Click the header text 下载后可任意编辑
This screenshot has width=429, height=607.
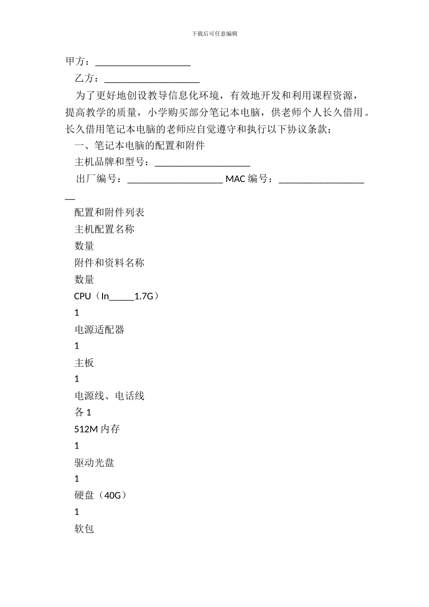click(x=214, y=33)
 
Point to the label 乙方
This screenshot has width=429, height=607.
click(x=84, y=79)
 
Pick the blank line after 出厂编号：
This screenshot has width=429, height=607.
click(x=175, y=180)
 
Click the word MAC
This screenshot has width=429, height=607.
click(x=235, y=179)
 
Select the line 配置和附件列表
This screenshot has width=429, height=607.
click(x=109, y=212)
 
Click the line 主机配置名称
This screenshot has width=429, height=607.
click(x=104, y=229)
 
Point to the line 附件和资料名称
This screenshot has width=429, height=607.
click(x=109, y=262)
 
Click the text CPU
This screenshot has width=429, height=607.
click(x=83, y=296)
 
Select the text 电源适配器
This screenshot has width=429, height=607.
click(x=99, y=329)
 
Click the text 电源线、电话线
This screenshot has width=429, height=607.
click(x=109, y=396)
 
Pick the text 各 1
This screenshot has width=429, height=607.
click(x=83, y=412)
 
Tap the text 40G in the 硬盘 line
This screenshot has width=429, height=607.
click(x=112, y=495)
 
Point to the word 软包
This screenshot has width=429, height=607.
click(x=84, y=528)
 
